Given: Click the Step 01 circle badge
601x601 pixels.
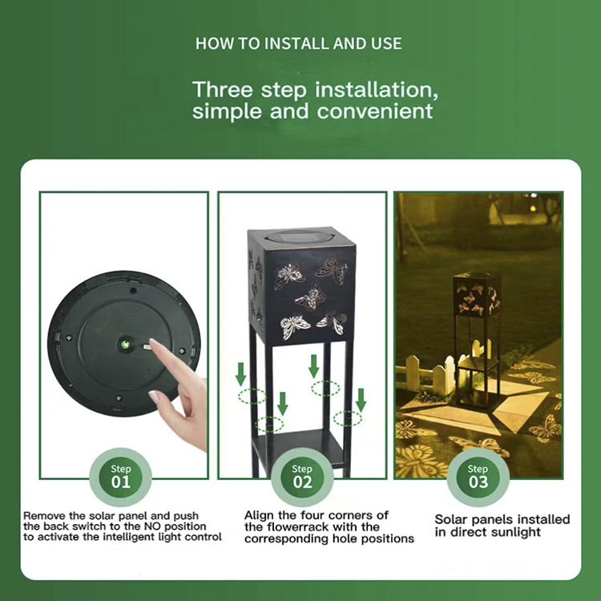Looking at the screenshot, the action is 121,478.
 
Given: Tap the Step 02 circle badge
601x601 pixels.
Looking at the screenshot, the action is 302,478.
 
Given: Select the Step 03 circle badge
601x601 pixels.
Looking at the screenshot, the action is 478,478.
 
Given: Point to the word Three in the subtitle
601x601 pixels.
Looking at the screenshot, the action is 222,90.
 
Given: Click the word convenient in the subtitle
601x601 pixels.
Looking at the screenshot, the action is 375,111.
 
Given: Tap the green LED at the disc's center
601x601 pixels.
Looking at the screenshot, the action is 124,345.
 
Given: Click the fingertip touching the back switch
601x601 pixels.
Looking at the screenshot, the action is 152,343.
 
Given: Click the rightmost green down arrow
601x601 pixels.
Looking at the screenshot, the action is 361,400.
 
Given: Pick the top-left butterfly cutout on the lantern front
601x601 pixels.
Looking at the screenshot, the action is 289,275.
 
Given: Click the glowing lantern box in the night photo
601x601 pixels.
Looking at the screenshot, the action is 477,294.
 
